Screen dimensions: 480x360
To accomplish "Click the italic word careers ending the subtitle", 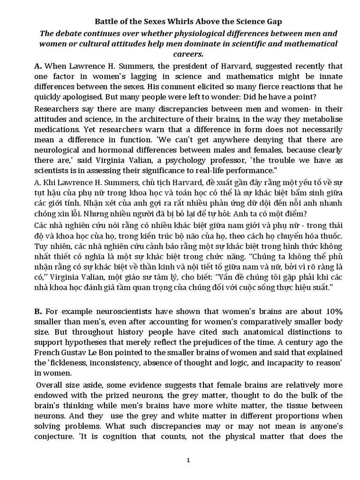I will tap(180, 54).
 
